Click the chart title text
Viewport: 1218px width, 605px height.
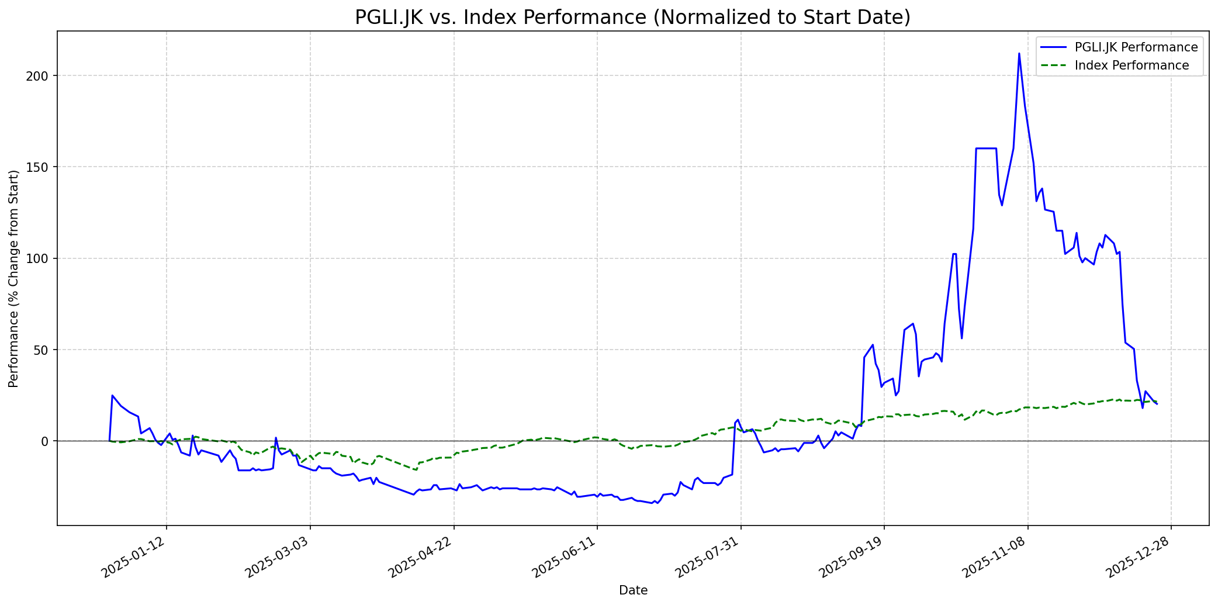[632, 18]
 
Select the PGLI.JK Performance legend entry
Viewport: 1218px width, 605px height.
[1136, 47]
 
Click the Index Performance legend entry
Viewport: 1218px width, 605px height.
[1132, 65]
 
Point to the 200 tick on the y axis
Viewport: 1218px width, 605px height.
[42, 76]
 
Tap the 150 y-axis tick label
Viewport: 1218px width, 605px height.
[42, 167]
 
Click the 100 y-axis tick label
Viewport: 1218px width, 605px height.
[42, 258]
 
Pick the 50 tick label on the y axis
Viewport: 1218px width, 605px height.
[45, 350]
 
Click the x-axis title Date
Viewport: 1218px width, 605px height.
[633, 590]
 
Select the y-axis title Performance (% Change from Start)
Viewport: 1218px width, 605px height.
[13, 279]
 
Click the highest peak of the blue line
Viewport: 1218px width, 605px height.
[1019, 54]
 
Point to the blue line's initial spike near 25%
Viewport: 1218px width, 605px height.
[112, 396]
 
